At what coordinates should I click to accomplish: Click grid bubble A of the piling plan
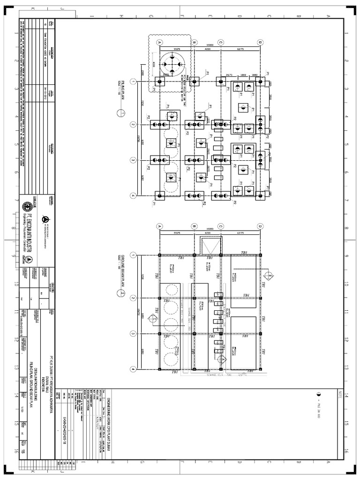(159, 42)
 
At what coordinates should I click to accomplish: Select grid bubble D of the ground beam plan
(259, 225)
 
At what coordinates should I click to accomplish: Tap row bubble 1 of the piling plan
(133, 82)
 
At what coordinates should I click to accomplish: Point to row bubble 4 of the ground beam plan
(133, 369)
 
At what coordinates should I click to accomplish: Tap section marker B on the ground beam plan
(270, 275)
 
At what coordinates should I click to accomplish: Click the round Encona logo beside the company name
(25, 206)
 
